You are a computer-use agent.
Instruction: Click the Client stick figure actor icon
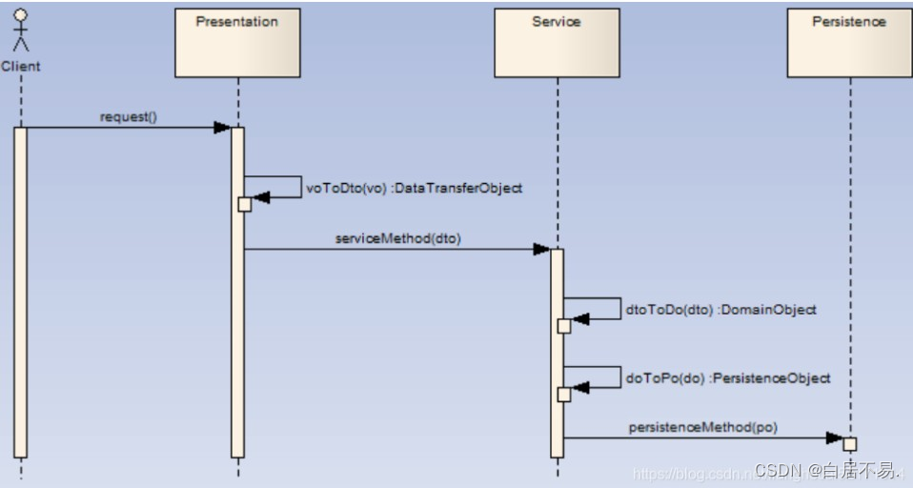click(20, 31)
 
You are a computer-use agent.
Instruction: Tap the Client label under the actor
click(20, 67)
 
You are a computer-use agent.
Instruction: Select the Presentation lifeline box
click(237, 43)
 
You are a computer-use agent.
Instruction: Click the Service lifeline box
click(557, 43)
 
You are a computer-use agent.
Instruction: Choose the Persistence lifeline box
click(849, 43)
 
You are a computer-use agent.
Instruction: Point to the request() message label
click(128, 117)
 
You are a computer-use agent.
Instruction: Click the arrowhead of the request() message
click(221, 128)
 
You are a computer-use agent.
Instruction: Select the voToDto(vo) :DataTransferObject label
click(414, 189)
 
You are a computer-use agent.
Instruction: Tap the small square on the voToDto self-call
click(244, 204)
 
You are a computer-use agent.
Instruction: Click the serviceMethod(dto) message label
click(397, 238)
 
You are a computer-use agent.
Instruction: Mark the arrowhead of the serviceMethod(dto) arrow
click(541, 250)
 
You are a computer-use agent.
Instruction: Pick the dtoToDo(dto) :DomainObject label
click(720, 310)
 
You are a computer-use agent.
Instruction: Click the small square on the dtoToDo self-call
click(563, 326)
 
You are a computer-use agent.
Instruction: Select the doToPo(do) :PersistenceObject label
click(727, 377)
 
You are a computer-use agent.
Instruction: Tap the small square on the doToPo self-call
click(563, 394)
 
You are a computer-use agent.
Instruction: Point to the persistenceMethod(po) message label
click(702, 428)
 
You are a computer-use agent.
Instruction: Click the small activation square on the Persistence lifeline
click(850, 444)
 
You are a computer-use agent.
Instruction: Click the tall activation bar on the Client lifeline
click(20, 291)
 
